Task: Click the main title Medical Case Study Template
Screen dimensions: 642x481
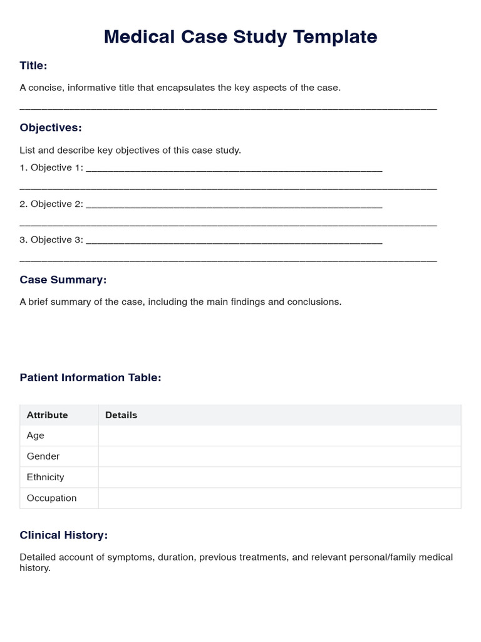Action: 240,37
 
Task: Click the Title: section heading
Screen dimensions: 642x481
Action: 33,65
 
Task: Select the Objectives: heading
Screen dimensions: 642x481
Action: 51,128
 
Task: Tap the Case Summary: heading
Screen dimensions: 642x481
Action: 63,280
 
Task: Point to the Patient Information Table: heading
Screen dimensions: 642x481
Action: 90,377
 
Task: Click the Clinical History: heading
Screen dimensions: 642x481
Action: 64,535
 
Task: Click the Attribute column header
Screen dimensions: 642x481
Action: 47,415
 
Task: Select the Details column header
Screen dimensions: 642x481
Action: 121,415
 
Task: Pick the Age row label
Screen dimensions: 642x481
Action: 36,436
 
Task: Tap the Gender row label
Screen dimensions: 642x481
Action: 43,456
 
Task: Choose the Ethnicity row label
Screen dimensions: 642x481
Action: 45,477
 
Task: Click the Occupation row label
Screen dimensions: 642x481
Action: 51,498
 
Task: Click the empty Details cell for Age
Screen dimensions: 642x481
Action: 279,436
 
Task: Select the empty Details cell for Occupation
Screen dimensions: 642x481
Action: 279,498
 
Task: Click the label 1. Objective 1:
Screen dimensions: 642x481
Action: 51,167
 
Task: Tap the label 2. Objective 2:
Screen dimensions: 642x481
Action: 51,204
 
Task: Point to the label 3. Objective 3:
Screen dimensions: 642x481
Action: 51,239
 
